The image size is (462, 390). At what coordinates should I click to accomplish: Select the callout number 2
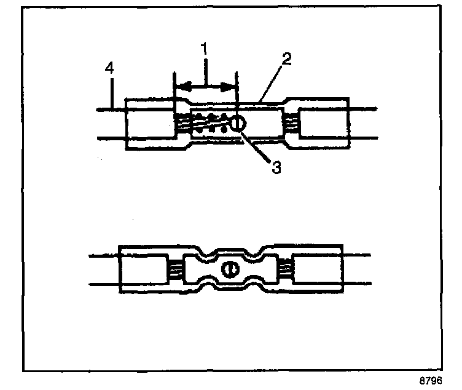coord(287,60)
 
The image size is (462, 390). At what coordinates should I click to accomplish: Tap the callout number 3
coord(276,166)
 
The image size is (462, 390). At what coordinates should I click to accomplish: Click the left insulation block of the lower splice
coord(142,269)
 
